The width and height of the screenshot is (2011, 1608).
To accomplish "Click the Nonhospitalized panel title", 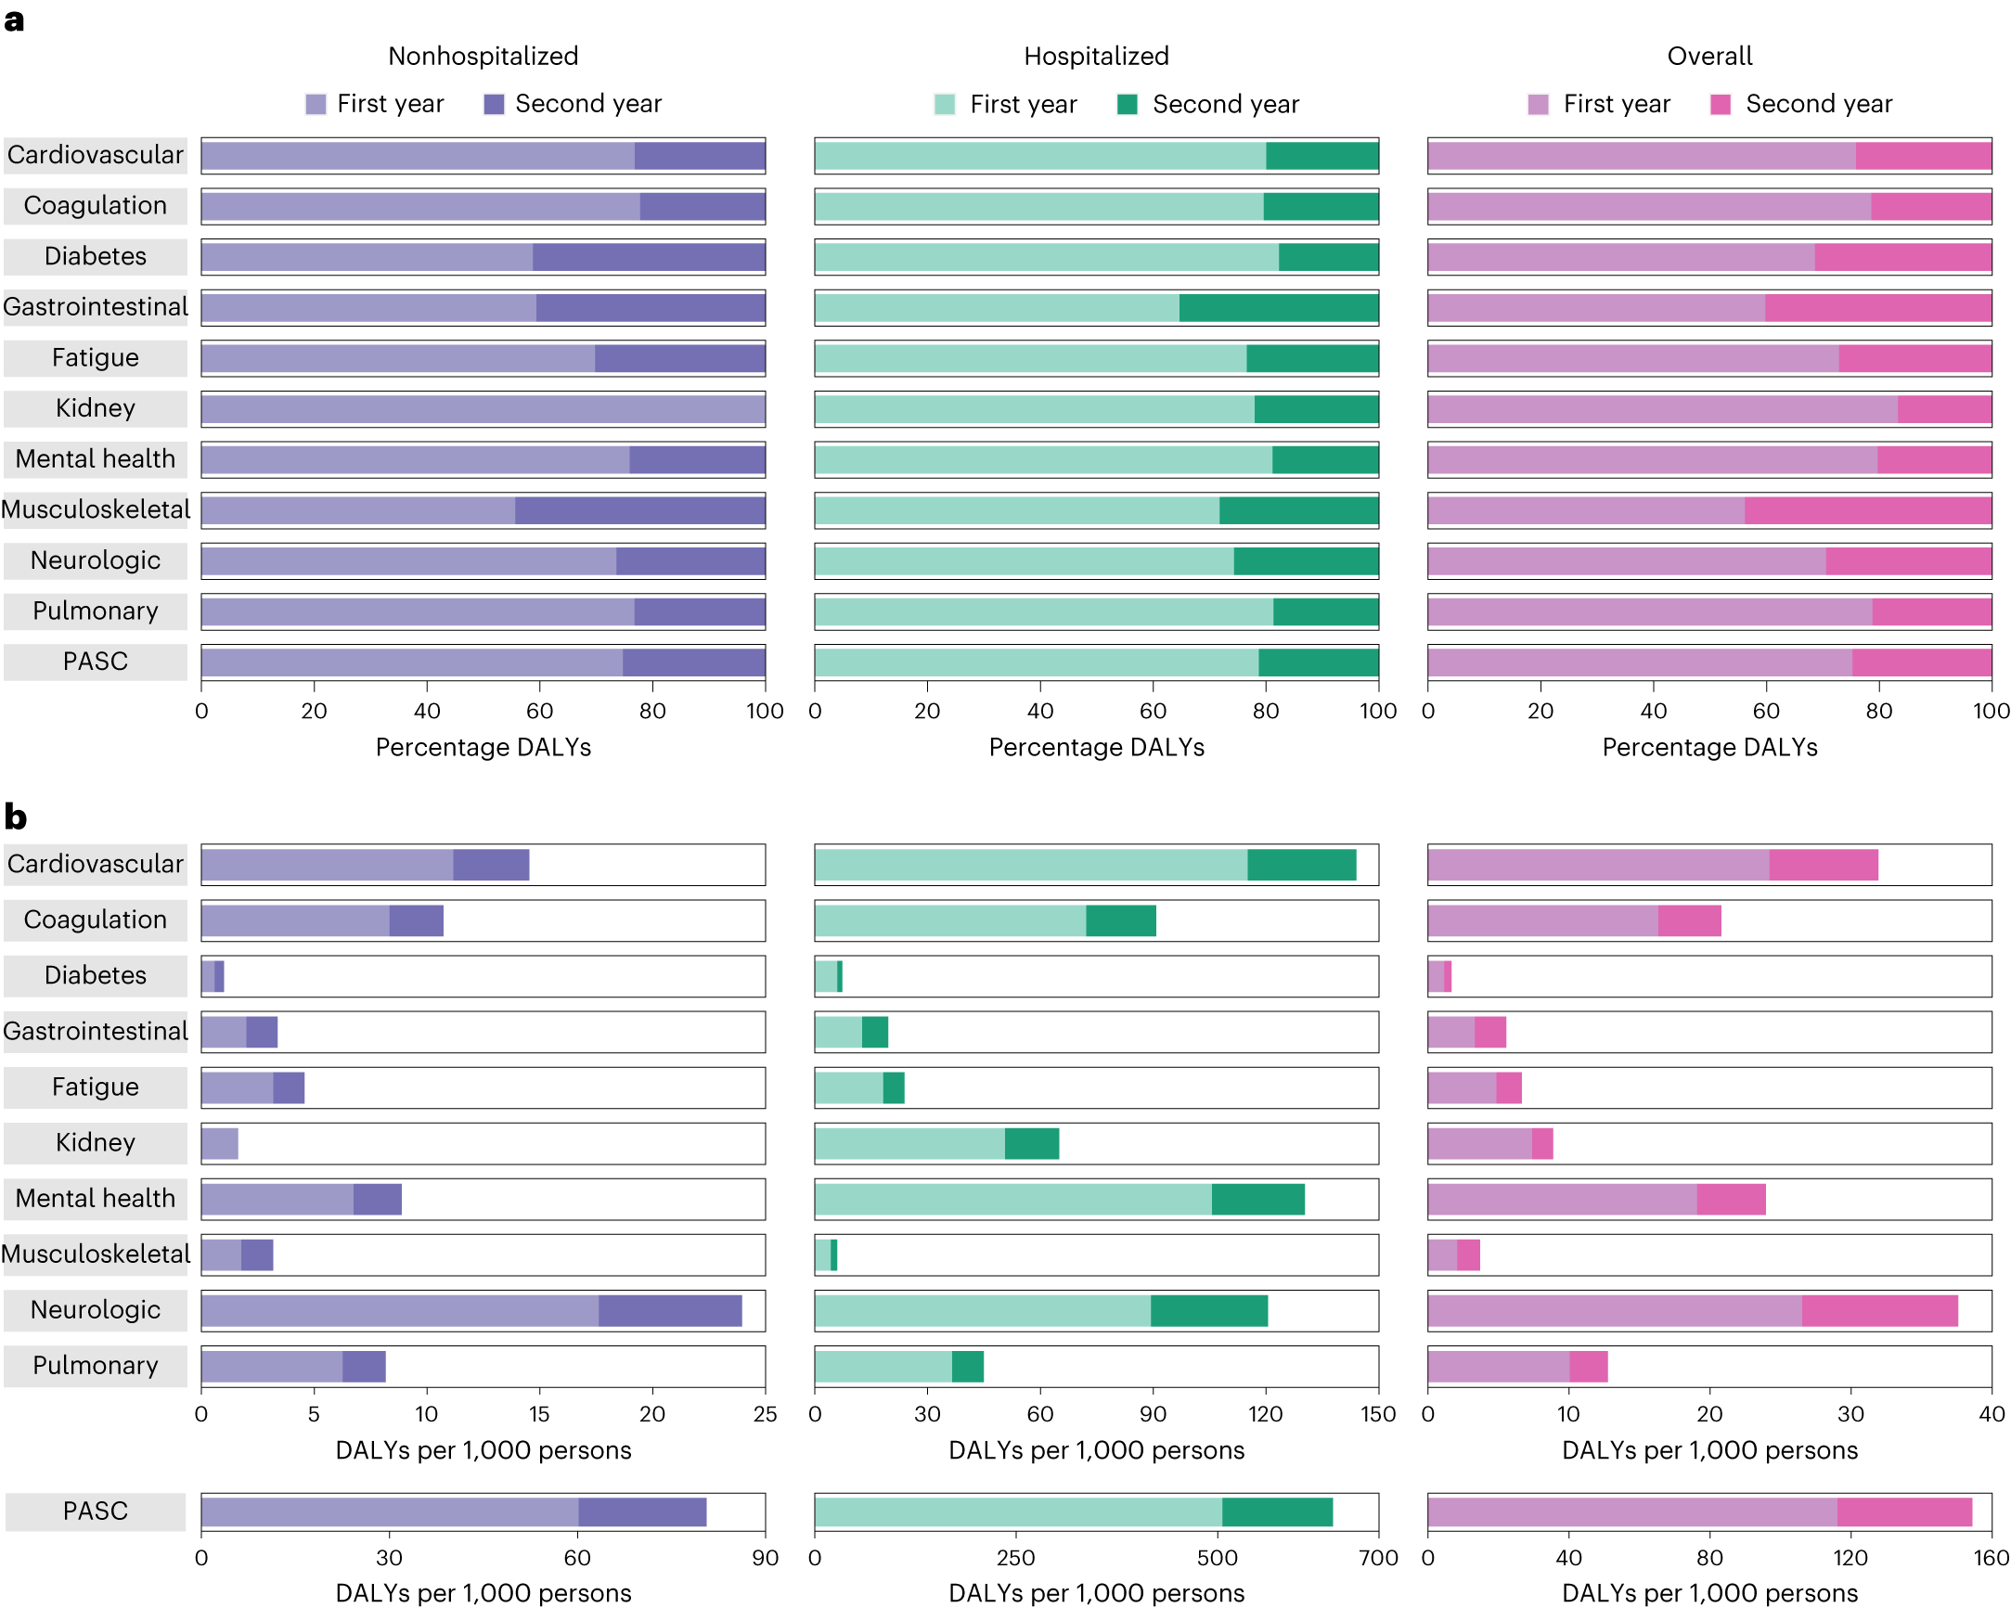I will pyautogui.click(x=483, y=56).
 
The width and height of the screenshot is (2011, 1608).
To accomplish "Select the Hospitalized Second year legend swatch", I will pyautogui.click(x=1127, y=105).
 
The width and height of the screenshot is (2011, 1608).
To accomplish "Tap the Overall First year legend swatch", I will pyautogui.click(x=1538, y=105).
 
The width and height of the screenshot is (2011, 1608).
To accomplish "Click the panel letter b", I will pyautogui.click(x=15, y=817).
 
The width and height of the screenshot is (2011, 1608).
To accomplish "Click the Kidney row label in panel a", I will pyautogui.click(x=96, y=408).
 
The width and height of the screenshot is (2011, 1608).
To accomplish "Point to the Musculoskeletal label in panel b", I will pyautogui.click(x=96, y=1254).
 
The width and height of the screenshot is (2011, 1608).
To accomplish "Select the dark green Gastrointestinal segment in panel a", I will pyautogui.click(x=1278, y=308).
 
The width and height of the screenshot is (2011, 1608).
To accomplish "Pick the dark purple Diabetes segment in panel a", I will pyautogui.click(x=649, y=256).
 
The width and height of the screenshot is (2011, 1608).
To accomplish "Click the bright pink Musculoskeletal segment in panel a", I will pyautogui.click(x=1867, y=510).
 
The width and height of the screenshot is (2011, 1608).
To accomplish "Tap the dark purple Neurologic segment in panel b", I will pyautogui.click(x=670, y=1310).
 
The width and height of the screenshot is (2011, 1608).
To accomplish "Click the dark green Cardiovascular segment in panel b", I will pyautogui.click(x=1301, y=865).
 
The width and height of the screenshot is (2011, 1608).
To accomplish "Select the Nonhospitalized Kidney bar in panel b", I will pyautogui.click(x=220, y=1143).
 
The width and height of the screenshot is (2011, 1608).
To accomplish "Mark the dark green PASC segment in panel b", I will pyautogui.click(x=1277, y=1512).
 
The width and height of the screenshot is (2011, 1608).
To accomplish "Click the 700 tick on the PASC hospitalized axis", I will pyautogui.click(x=1378, y=1559).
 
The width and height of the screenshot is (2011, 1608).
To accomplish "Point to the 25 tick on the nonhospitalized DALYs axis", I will pyautogui.click(x=765, y=1414).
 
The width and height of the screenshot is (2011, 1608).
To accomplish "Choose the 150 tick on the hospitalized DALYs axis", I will pyautogui.click(x=1378, y=1414).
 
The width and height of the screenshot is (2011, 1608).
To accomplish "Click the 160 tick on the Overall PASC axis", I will pyautogui.click(x=1991, y=1559).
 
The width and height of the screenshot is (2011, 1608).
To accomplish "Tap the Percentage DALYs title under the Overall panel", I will pyautogui.click(x=1708, y=747).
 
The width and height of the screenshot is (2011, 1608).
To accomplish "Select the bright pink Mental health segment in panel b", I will pyautogui.click(x=1730, y=1200).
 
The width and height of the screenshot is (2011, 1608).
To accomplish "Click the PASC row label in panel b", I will pyautogui.click(x=96, y=1511).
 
